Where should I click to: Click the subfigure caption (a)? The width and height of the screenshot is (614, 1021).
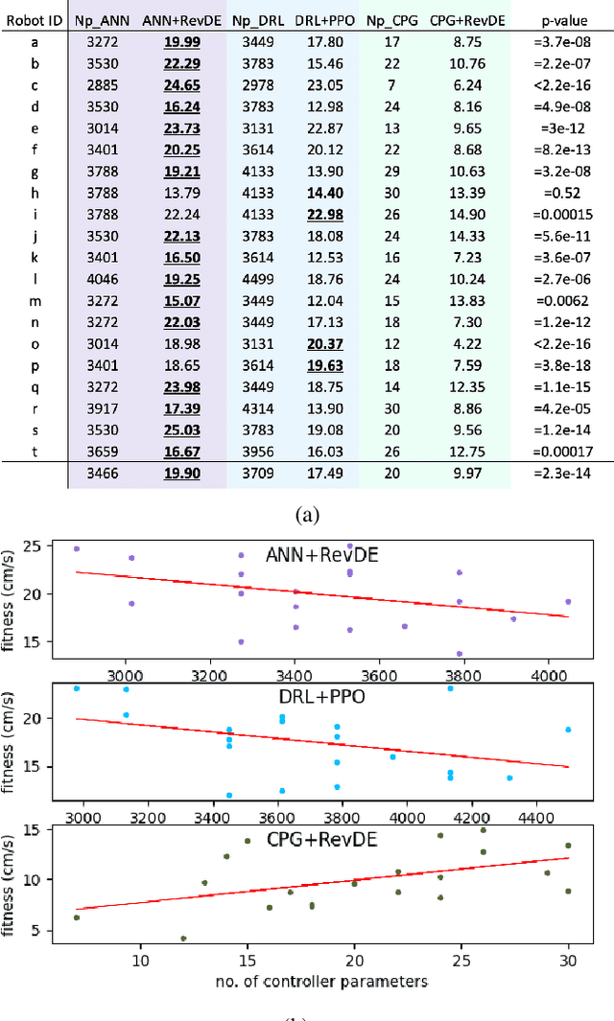click(x=306, y=516)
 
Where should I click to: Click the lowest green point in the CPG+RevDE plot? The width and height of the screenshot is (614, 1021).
click(x=183, y=939)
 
